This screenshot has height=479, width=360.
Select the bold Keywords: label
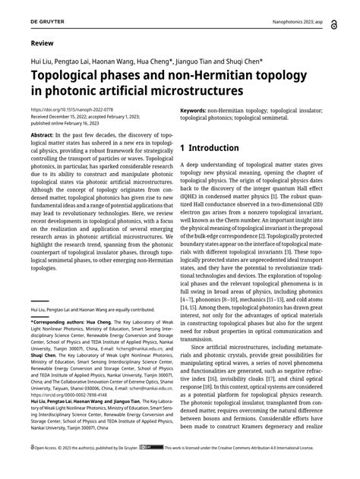coord(198,110)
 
